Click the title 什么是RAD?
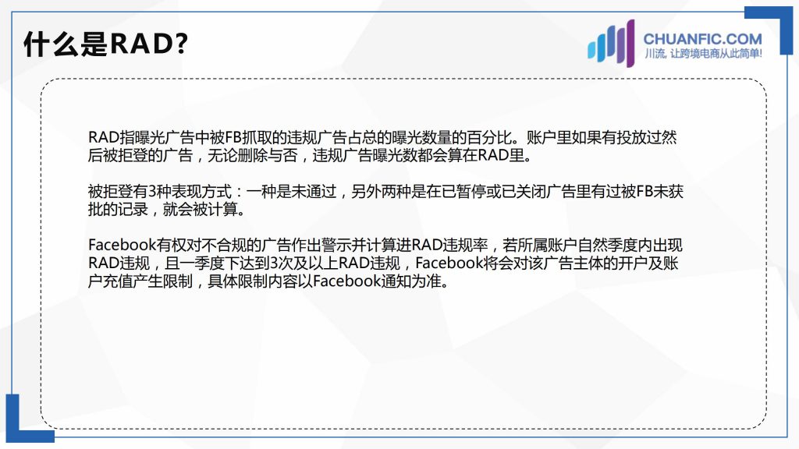tap(105, 44)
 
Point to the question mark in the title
tap(181, 44)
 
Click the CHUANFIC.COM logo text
tap(703, 39)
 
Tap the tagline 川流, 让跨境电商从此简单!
tap(703, 54)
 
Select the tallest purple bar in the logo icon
tap(630, 44)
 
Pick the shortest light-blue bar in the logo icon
tap(592, 51)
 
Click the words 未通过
tap(314, 192)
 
